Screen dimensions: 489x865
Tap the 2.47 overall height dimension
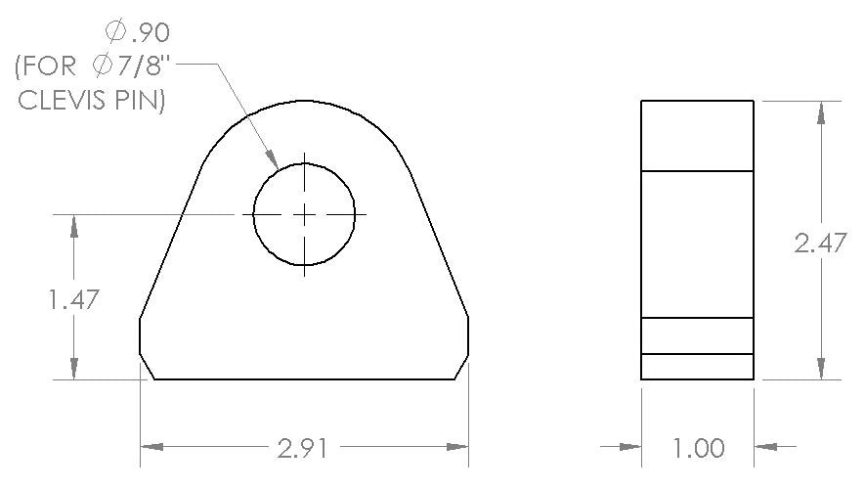point(820,244)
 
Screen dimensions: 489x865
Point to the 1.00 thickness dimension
point(699,449)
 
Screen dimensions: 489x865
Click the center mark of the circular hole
point(304,213)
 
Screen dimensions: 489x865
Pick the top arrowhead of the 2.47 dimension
point(820,112)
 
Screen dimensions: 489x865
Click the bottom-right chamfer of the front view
point(460,367)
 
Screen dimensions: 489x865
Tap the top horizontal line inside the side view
point(697,171)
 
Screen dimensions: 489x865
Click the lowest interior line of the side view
point(697,354)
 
